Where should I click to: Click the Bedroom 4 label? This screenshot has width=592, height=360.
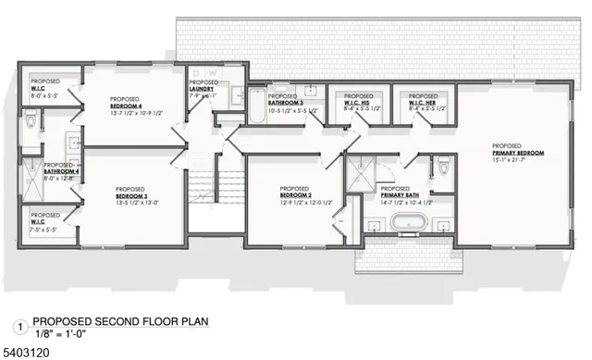coord(125,104)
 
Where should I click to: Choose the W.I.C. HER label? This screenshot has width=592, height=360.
coord(423,99)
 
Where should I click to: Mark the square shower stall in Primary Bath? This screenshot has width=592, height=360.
coord(359,172)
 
